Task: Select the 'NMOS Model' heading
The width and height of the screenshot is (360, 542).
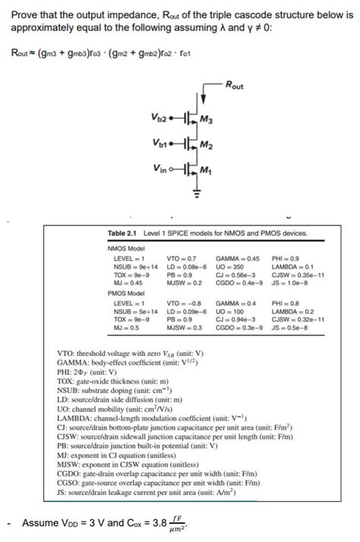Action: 124,247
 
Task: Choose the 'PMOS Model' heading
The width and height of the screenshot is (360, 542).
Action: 124,291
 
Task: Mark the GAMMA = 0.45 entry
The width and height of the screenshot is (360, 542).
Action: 238,259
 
